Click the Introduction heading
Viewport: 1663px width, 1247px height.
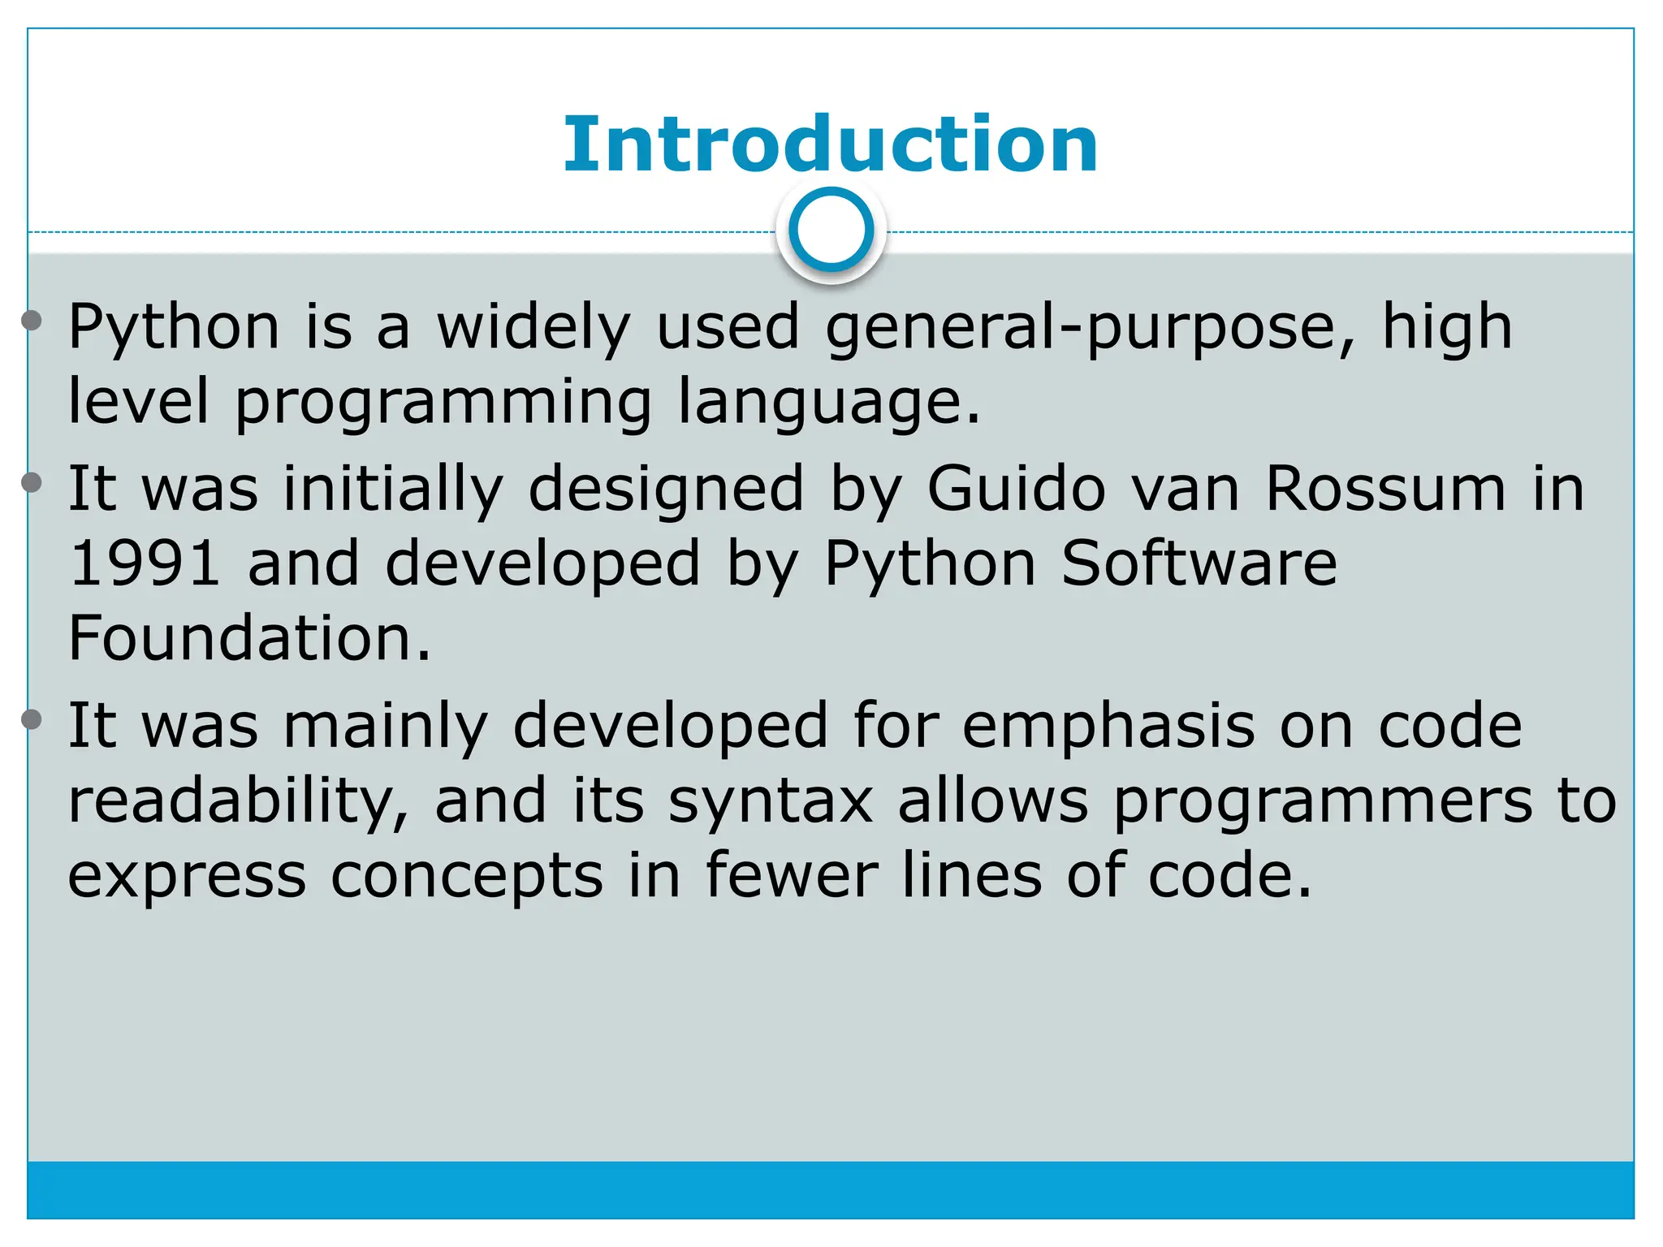[830, 145]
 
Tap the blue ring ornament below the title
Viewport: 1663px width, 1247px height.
[831, 230]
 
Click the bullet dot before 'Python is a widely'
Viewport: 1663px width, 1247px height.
[32, 321]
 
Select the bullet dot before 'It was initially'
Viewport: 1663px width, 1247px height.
[32, 483]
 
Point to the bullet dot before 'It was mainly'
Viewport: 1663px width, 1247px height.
[32, 719]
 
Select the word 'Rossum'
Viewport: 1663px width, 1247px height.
[1385, 489]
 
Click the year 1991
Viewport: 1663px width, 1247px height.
[145, 563]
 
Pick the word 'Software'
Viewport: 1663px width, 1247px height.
[1199, 563]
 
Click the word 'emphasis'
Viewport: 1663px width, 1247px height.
[1108, 725]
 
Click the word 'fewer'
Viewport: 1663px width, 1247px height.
[792, 875]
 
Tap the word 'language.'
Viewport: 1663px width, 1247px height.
[829, 402]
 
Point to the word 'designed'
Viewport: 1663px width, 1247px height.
[666, 489]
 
